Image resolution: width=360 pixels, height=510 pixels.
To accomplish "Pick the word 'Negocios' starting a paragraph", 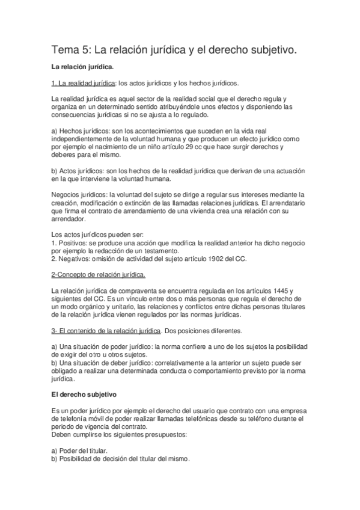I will [x=66, y=194].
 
